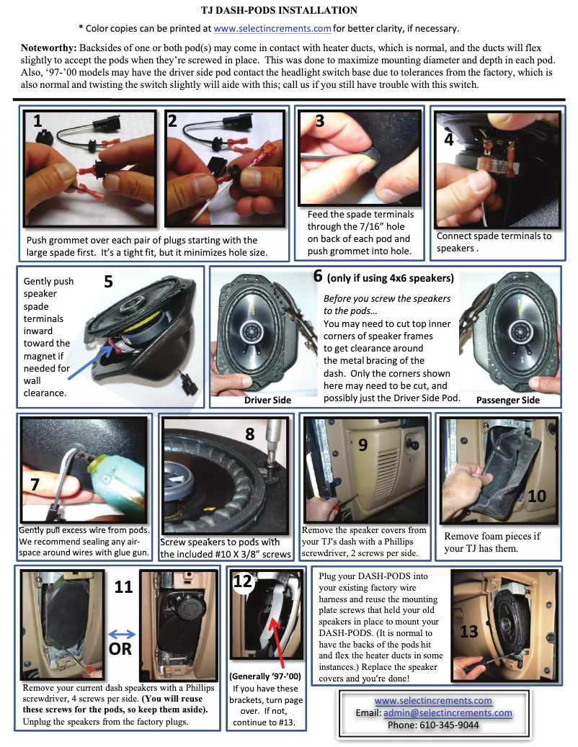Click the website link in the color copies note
[272, 29]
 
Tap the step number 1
[38, 122]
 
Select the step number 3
[319, 121]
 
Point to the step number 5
[108, 281]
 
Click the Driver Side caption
[267, 399]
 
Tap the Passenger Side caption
[508, 399]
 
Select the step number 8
[250, 434]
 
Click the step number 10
[537, 496]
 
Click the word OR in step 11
[119, 650]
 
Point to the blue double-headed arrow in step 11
[121, 634]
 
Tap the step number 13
[468, 632]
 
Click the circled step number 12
[243, 582]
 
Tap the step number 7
[34, 484]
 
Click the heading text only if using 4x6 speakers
[390, 278]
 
